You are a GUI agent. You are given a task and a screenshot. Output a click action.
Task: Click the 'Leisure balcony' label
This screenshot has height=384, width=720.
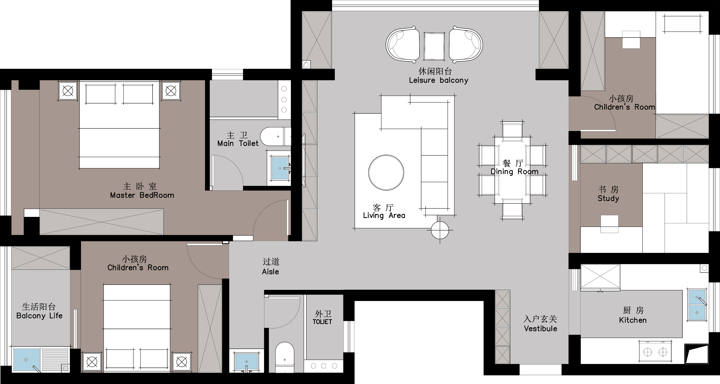pos(438,80)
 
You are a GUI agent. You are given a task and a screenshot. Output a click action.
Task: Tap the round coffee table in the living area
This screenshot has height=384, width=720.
pos(386,172)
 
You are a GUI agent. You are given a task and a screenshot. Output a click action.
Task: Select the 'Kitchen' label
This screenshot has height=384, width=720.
pos(633,320)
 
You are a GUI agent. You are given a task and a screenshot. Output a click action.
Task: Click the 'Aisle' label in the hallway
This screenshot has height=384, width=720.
pos(270,272)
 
